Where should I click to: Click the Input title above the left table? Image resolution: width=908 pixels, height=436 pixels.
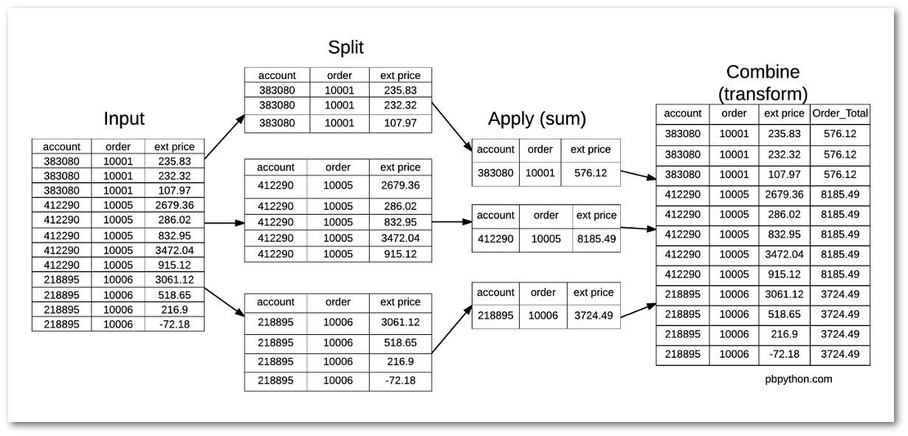click(x=124, y=119)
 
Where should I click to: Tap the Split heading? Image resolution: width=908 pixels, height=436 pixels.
click(x=345, y=48)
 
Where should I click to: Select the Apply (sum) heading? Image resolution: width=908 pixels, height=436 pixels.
click(x=537, y=119)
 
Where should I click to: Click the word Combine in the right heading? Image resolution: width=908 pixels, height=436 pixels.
click(x=763, y=72)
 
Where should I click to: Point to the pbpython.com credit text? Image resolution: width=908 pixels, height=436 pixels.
click(x=799, y=379)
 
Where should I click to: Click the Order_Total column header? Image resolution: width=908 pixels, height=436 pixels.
click(x=840, y=114)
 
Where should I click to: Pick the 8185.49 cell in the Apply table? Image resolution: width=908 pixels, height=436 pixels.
click(x=595, y=239)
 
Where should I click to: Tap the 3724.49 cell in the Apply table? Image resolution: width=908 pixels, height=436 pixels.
click(x=594, y=315)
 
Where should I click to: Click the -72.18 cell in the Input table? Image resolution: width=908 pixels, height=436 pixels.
click(x=174, y=324)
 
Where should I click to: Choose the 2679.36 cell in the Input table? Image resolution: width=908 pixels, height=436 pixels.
click(x=174, y=205)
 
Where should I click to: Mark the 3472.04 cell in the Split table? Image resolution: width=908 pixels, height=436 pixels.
click(x=400, y=238)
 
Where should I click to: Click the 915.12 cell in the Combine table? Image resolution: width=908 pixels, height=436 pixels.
click(x=783, y=274)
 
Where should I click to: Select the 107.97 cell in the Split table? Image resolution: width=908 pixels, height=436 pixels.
click(x=400, y=123)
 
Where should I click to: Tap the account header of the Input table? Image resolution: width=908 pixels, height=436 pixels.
click(x=61, y=146)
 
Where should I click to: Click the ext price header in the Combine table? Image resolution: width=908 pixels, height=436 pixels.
click(x=783, y=114)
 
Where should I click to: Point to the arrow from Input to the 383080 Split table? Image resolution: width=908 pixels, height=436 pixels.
click(x=224, y=137)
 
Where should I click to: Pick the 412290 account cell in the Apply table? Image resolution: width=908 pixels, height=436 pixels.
click(x=495, y=239)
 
